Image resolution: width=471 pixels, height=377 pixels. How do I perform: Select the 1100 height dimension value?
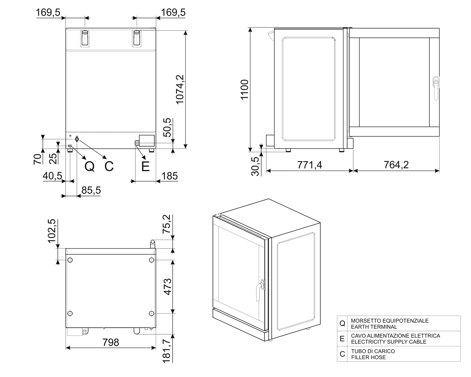tap(245, 90)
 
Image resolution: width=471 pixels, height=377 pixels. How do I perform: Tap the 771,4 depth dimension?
tap(310, 165)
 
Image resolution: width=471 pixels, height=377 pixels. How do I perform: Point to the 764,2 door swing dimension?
tap(396, 165)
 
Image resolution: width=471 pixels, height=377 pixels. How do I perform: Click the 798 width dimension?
tap(111, 342)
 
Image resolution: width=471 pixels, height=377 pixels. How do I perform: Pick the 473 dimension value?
tap(167, 287)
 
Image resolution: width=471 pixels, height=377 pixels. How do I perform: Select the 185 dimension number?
tap(170, 176)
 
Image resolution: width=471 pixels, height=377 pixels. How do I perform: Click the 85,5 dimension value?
tap(91, 190)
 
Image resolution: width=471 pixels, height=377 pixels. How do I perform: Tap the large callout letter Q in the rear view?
tap(89, 167)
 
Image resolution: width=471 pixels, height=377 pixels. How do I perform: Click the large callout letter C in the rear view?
tap(109, 166)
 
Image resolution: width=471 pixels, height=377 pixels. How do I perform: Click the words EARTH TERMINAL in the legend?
tap(374, 327)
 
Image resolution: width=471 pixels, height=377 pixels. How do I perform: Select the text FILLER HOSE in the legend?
tap(368, 357)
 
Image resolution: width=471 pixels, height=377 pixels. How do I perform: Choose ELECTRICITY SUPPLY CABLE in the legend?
tap(389, 342)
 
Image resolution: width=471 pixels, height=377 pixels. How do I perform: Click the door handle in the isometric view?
tap(260, 289)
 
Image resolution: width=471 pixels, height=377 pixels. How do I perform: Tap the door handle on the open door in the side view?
tap(436, 88)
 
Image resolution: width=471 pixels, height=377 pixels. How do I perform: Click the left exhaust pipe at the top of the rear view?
tap(85, 38)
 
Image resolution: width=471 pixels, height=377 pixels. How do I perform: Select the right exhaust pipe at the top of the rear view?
tap(137, 38)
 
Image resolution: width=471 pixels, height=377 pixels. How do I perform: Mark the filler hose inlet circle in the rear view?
tap(77, 139)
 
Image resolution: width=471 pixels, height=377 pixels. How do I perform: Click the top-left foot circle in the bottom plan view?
tap(70, 260)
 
